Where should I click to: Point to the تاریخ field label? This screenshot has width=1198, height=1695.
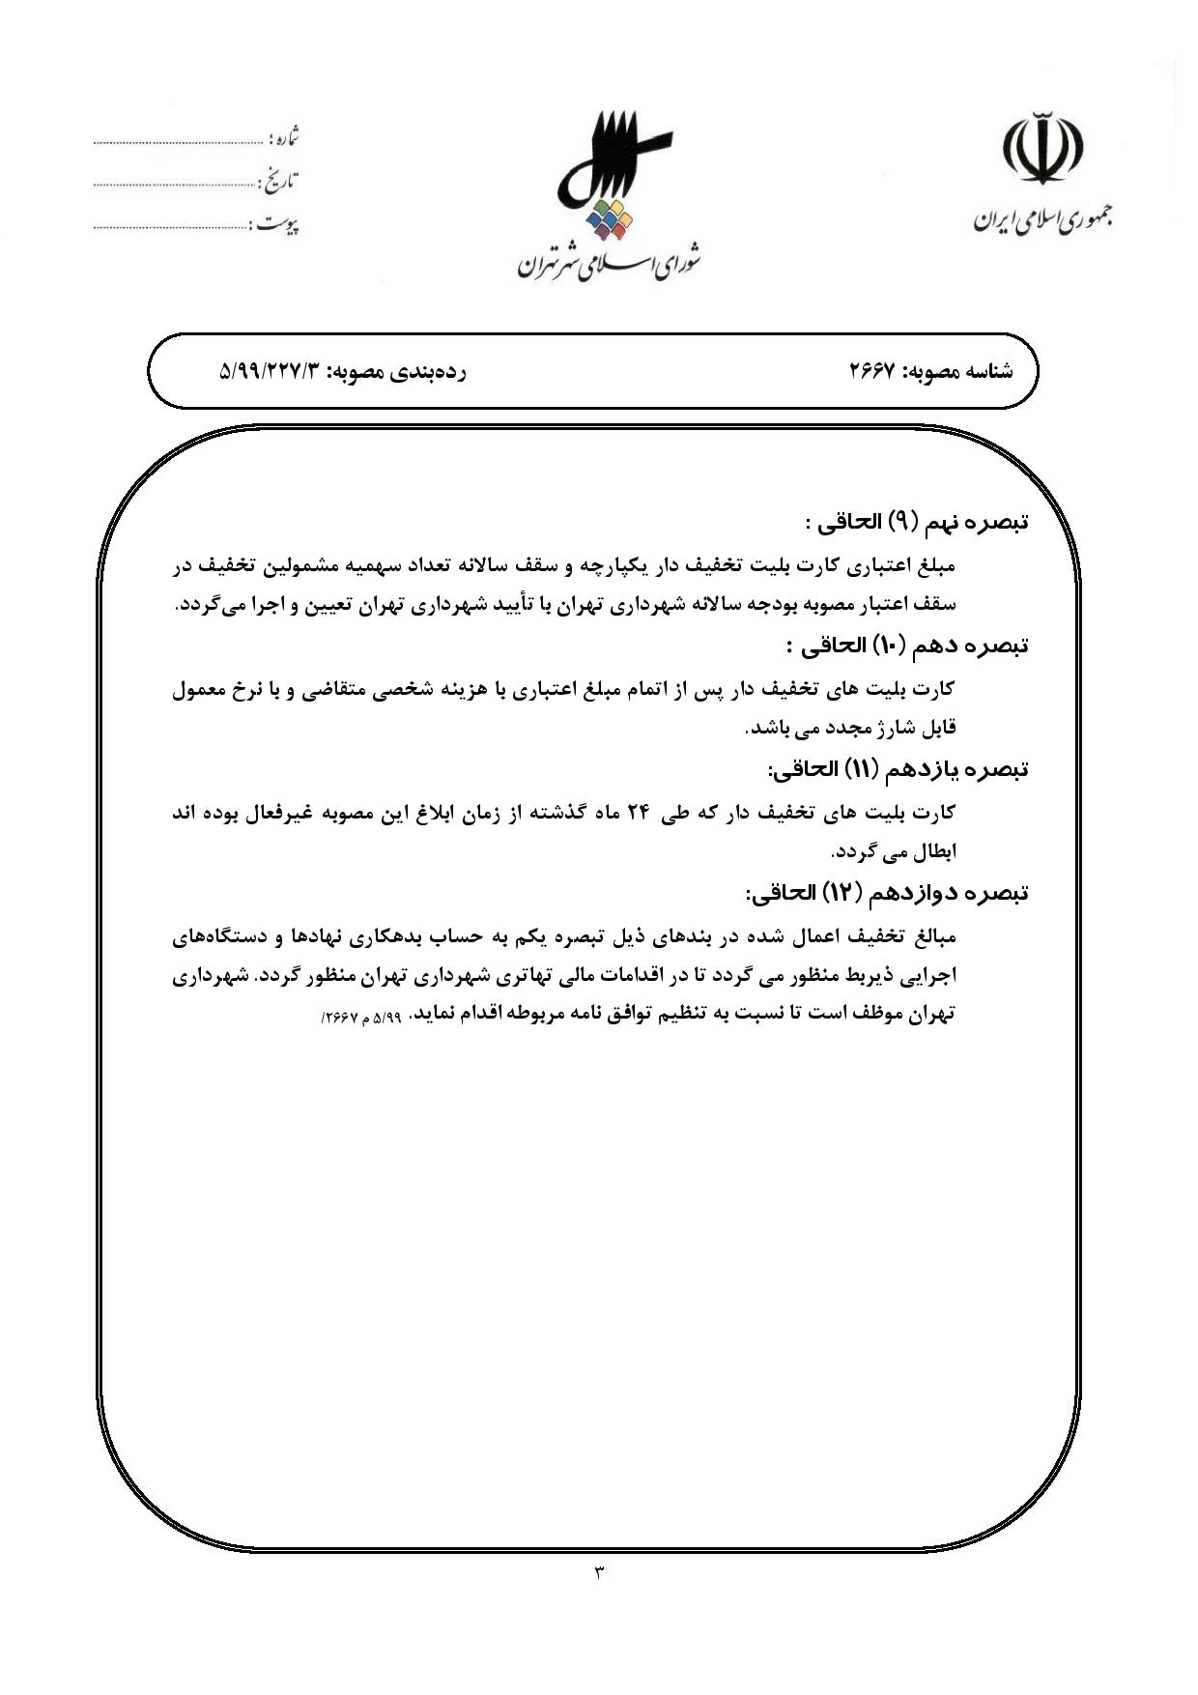(x=279, y=181)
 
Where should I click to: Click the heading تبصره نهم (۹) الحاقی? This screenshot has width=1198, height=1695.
(x=916, y=523)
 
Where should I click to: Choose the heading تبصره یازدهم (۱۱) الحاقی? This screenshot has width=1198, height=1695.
(x=898, y=769)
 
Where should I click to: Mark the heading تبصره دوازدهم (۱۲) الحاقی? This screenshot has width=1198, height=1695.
(x=887, y=893)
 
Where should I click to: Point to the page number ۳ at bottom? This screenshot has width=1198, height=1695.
(x=598, y=1572)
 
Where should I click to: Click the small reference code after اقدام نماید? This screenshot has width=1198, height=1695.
(x=360, y=1019)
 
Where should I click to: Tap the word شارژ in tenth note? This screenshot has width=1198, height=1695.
(x=879, y=728)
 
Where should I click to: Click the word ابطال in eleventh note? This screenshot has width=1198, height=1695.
(x=932, y=851)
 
